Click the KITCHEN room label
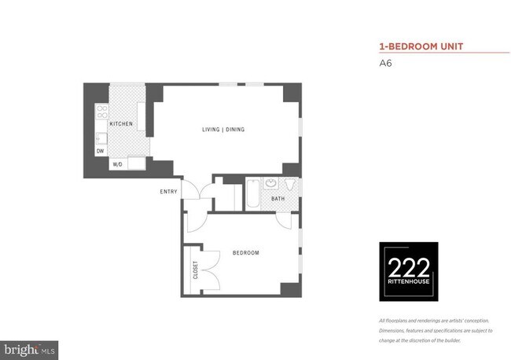point(120,124)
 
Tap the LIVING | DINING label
point(224,129)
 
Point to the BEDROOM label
point(245,252)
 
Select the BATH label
point(278,199)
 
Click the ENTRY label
point(169,192)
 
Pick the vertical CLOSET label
point(195,270)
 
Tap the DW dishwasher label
point(100,150)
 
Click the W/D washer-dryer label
point(117,165)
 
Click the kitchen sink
point(101,138)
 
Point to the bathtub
point(252,195)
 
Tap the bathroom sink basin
point(271,184)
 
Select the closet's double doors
point(206,270)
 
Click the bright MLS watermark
point(29,347)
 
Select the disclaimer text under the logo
point(435,330)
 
